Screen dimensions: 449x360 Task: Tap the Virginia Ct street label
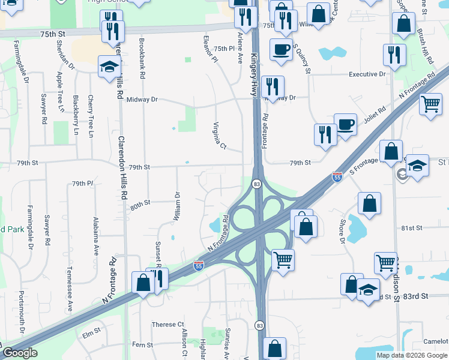coord(219,136)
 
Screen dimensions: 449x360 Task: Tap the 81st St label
coord(412,228)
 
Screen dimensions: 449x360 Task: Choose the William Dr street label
coord(176,206)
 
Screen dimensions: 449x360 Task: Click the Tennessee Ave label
coord(69,289)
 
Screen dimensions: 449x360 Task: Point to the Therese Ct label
coord(163,324)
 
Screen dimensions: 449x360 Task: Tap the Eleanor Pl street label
coord(210,49)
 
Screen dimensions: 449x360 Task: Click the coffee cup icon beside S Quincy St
coord(280,50)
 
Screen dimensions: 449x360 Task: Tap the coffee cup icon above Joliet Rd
coord(345,125)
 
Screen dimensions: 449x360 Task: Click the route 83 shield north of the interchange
coord(257,184)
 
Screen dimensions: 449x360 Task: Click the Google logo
coord(20,353)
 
